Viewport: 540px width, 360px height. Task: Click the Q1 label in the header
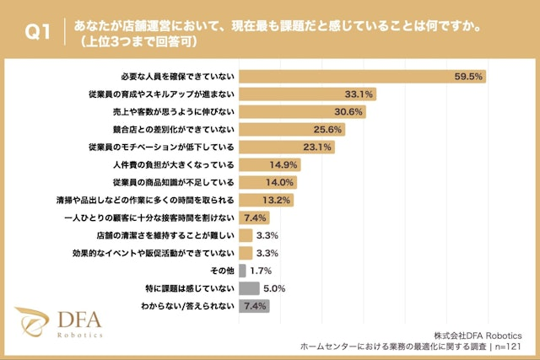point(36,33)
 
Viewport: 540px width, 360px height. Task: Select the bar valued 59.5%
point(363,76)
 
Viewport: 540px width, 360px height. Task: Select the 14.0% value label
point(280,182)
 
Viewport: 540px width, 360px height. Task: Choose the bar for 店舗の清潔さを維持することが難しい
point(246,235)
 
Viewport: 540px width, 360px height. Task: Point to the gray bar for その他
point(242,271)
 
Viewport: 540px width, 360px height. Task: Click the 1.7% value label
point(261,271)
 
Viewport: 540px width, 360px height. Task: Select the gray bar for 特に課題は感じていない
point(250,288)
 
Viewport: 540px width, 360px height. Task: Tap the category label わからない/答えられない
point(192,306)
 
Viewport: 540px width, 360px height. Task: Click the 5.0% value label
point(275,288)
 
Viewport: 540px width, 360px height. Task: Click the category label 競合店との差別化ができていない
point(179,129)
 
